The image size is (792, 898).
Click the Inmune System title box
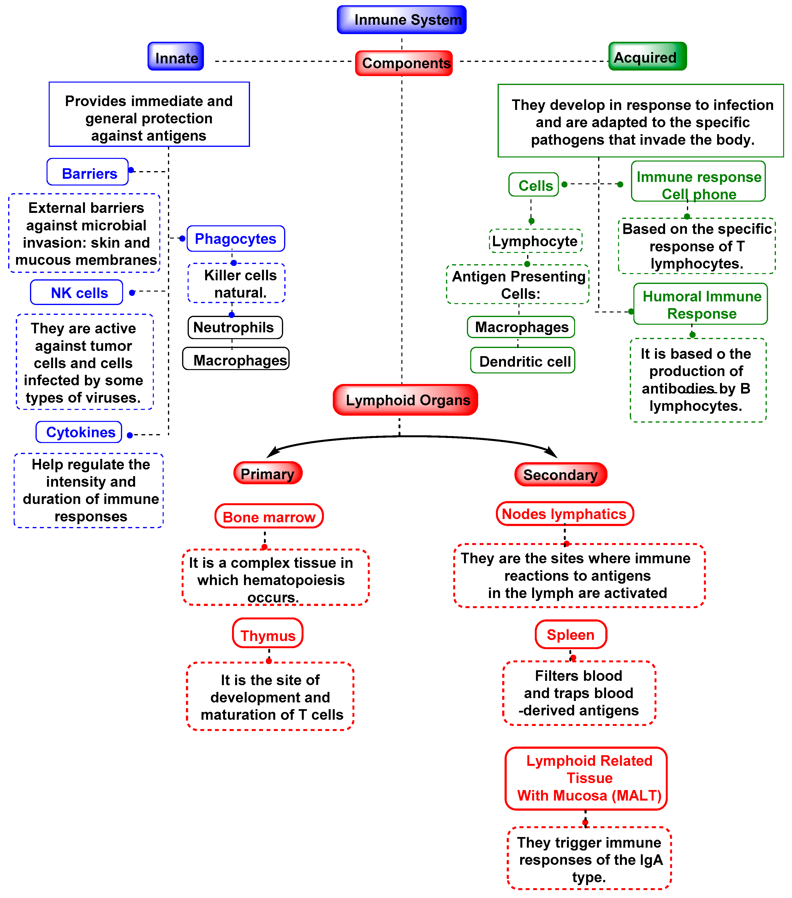point(401,20)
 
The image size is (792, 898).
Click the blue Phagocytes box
point(235,239)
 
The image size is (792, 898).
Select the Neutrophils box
point(235,327)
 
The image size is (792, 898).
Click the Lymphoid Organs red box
point(405,400)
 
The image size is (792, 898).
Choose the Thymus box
point(268,635)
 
